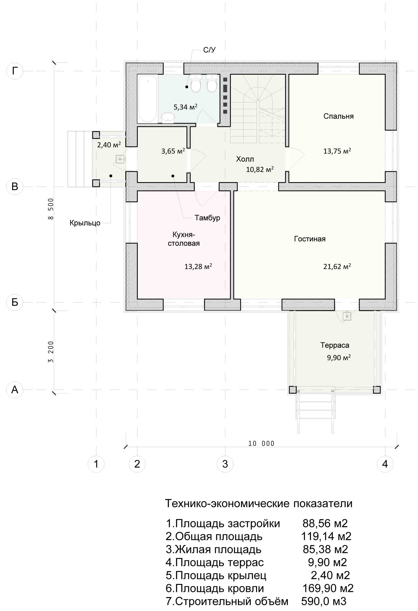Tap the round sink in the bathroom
pos(167,118)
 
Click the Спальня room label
pos(338,116)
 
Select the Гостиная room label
pos(310,239)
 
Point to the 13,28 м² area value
pos(198,267)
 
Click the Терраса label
pos(335,345)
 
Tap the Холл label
pos(245,159)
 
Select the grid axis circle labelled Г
pos(15,71)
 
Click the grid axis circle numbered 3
pos(225,464)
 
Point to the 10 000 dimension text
pos(261,444)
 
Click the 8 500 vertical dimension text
pos(51,209)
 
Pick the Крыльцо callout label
pos(85,223)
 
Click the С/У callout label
pos(209,50)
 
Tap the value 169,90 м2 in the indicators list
pos(328,588)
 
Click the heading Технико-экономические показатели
pos(259,503)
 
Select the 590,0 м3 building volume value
pos(324,601)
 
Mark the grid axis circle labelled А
pos(15,390)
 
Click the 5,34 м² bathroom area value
pos(185,107)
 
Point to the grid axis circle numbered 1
pos(96,464)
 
